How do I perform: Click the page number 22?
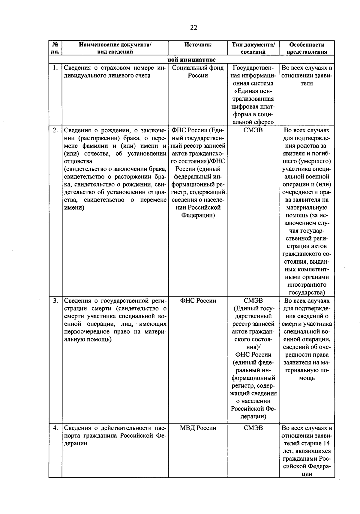[x=193, y=28]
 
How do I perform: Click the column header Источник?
[x=198, y=45]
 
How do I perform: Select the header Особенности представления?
[x=307, y=48]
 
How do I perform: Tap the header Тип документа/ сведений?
[x=253, y=48]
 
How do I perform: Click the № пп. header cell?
[x=55, y=48]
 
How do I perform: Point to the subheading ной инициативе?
[x=191, y=60]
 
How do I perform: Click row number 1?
[x=55, y=68]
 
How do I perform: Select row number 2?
[x=55, y=130]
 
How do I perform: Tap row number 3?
[x=55, y=300]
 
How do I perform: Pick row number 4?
[x=55, y=428]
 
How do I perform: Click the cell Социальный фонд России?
[x=198, y=72]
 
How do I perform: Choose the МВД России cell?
[x=198, y=428]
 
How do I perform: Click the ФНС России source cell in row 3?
[x=198, y=300]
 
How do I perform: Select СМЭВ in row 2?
[x=253, y=130]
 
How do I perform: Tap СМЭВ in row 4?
[x=253, y=428]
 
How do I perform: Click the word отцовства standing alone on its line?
[x=78, y=161]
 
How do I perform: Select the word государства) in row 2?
[x=307, y=293]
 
